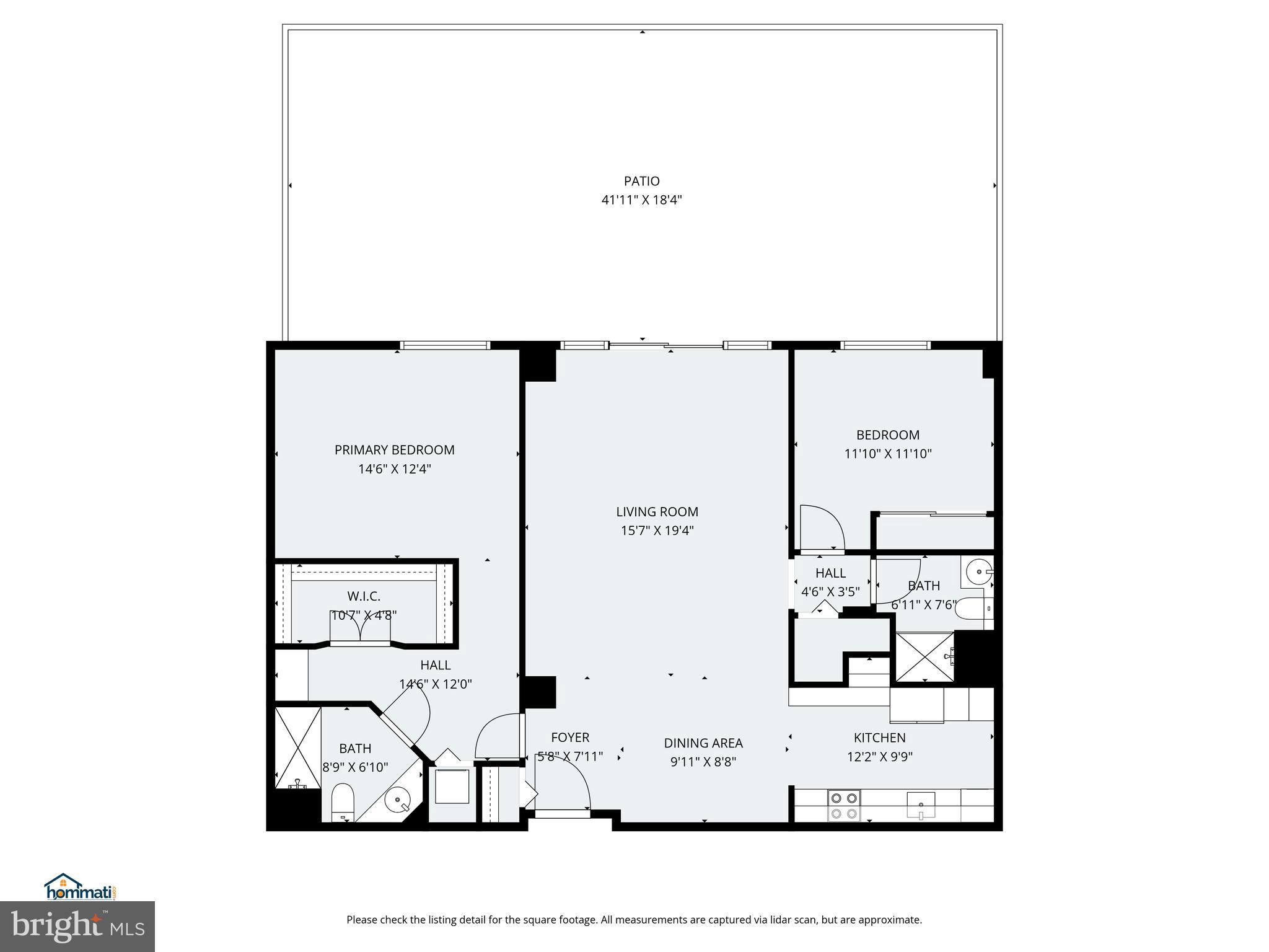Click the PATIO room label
point(641,181)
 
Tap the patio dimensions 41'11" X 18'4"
point(641,200)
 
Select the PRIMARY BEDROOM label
point(394,450)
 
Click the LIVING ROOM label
point(657,511)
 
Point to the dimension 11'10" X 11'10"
point(887,454)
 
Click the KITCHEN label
point(879,738)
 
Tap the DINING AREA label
point(703,743)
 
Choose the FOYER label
point(570,737)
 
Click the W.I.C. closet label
point(364,596)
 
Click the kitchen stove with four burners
point(844,806)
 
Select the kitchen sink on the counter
point(921,805)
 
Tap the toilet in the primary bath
point(342,802)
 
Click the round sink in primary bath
point(397,800)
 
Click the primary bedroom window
point(444,345)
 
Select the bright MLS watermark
point(77,926)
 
